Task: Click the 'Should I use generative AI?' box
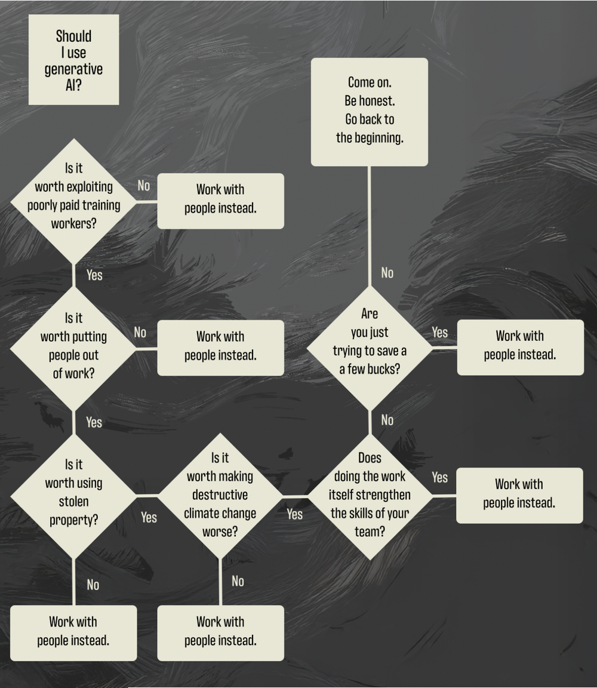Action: [x=73, y=60]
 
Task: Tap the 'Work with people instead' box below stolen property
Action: [x=73, y=632]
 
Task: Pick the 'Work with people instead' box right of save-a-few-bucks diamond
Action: [x=520, y=347]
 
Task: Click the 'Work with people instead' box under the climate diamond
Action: [x=220, y=632]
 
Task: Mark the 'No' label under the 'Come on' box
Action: [x=387, y=273]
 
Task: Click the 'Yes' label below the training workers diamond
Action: [x=94, y=275]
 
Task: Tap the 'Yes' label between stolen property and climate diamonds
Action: [x=149, y=517]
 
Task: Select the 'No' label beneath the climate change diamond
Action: [x=238, y=581]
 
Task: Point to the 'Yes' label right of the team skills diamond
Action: [x=440, y=478]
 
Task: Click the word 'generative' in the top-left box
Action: [x=73, y=69]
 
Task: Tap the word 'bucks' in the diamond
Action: [x=384, y=369]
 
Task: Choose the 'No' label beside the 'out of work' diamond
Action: [x=140, y=333]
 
